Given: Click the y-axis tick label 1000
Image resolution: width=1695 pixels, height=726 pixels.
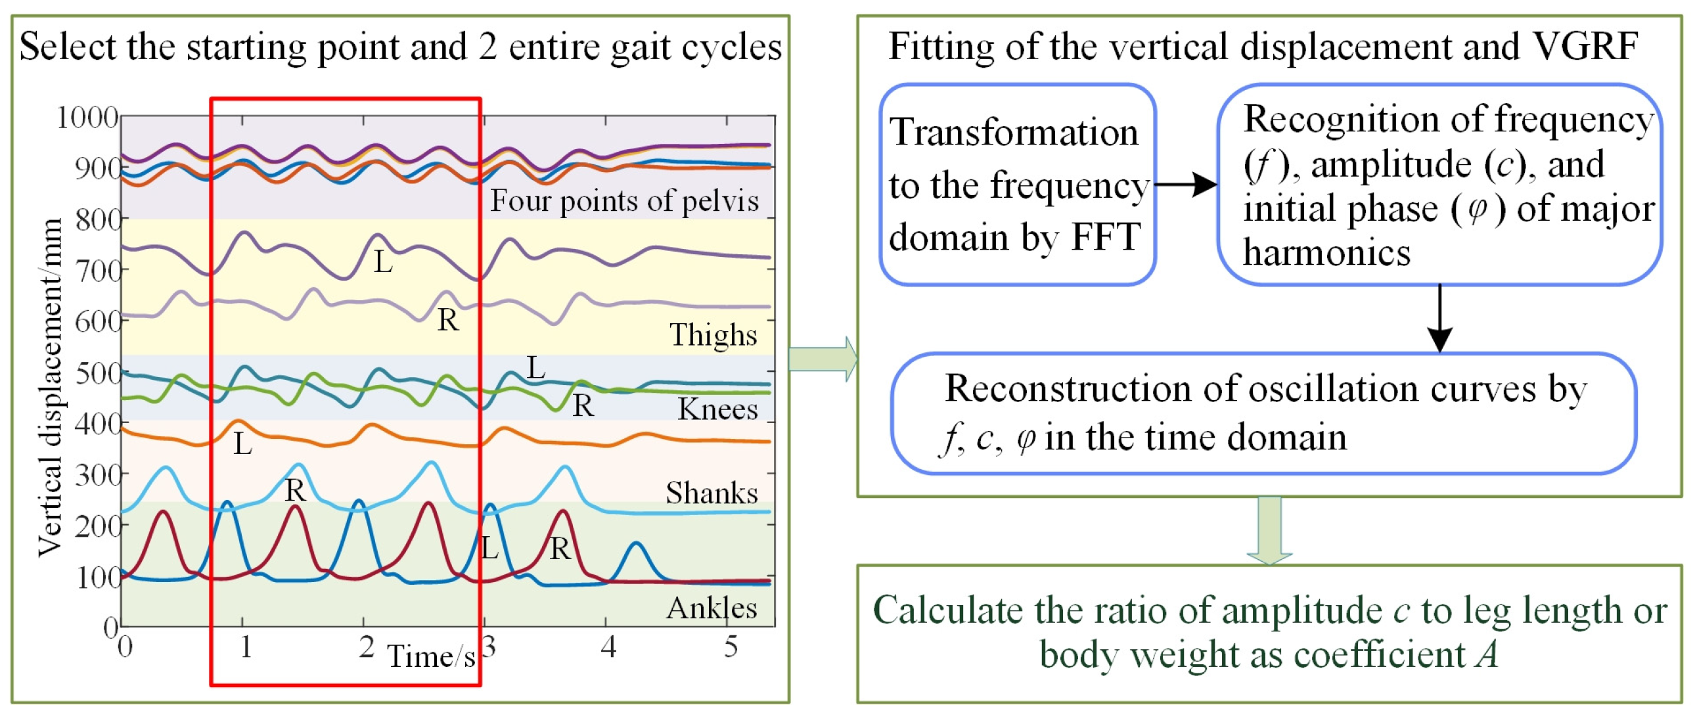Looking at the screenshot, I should tap(87, 118).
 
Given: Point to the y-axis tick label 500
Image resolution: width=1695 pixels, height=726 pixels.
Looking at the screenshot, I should tap(98, 374).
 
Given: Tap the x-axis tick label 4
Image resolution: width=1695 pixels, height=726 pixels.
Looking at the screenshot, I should tap(608, 647).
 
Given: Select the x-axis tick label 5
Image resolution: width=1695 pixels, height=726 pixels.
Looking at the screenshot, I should tap(731, 647).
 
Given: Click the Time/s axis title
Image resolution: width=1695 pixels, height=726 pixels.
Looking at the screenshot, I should tap(431, 656).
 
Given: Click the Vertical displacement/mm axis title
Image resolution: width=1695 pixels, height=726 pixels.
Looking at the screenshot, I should tap(49, 388).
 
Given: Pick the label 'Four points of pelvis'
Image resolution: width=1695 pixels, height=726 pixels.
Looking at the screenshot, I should tap(623, 201).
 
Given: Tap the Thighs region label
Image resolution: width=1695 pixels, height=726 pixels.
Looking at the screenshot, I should tap(713, 335).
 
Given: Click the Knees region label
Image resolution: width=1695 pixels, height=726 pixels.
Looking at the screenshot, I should tap(718, 409).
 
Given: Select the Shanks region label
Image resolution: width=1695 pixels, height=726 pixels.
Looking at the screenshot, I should tap(712, 493).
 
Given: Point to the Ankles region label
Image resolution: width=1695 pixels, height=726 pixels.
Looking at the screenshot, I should tap(712, 608).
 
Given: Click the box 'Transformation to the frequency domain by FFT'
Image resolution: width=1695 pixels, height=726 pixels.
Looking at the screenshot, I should tap(1017, 185).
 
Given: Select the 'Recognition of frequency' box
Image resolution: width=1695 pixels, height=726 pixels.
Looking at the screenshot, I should tap(1439, 185).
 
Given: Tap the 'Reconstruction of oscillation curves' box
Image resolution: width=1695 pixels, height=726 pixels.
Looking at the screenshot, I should tap(1263, 413).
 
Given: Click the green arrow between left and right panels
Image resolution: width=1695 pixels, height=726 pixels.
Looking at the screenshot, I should tap(823, 359).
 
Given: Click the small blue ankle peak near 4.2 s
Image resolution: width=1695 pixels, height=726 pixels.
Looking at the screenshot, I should tap(636, 545).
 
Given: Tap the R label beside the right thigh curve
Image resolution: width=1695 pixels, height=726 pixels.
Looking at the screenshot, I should tap(448, 321).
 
